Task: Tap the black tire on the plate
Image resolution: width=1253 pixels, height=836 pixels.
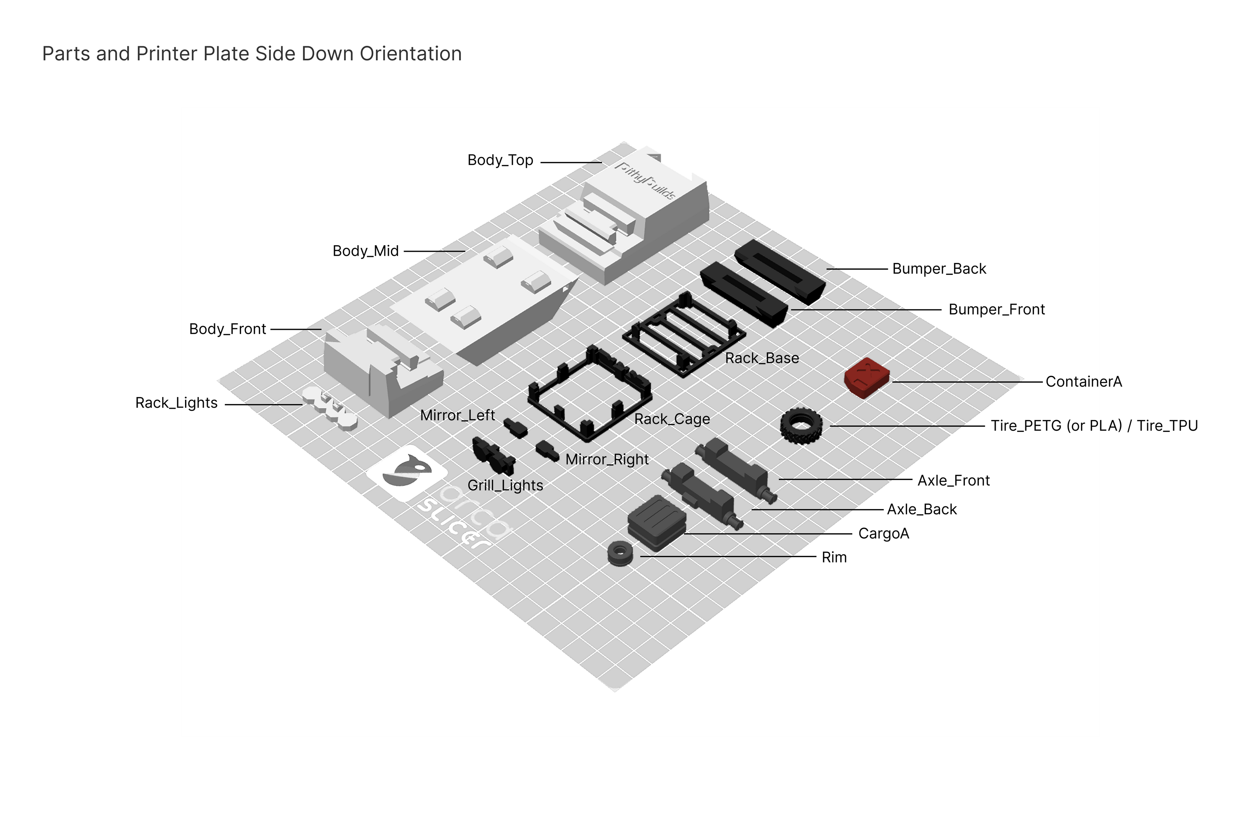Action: coord(801,426)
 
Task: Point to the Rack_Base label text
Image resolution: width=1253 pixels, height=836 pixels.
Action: coord(762,358)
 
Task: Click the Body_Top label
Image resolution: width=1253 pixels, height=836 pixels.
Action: coord(500,160)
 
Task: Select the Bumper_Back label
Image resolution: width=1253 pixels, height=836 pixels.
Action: coord(939,269)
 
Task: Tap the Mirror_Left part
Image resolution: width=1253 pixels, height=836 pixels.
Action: coord(516,427)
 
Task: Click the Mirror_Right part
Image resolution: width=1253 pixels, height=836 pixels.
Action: coord(548,451)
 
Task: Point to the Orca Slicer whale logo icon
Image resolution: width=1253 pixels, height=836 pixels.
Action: coord(407,473)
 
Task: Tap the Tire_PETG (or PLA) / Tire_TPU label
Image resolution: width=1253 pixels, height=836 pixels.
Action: coord(1094,426)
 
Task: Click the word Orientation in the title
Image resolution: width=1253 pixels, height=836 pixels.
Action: coord(410,54)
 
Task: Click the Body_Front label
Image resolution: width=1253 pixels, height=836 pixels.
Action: coord(227,329)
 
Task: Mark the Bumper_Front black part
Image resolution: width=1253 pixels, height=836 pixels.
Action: coord(744,294)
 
